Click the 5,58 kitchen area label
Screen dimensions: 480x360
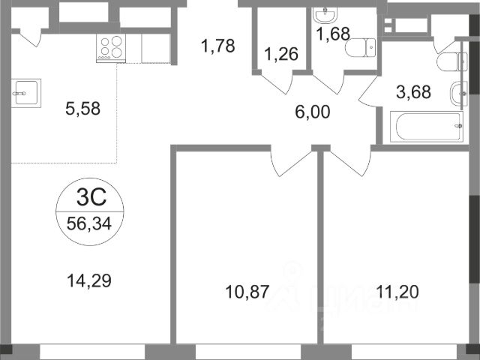[82, 108]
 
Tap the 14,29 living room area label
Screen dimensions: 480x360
[88, 280]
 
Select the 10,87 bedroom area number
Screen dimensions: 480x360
[247, 292]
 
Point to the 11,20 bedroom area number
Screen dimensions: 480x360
[397, 292]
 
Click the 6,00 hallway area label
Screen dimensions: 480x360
[313, 112]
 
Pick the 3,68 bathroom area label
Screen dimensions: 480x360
[413, 91]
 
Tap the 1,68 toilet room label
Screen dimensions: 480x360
[333, 34]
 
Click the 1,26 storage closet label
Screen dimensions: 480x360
[281, 54]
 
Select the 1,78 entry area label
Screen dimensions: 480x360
[218, 46]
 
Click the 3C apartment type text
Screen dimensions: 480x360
[91, 196]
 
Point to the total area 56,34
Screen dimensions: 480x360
[89, 223]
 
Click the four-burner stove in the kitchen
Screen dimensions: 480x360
[111, 48]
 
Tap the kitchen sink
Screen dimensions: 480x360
[26, 93]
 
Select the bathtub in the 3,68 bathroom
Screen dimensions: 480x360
[427, 127]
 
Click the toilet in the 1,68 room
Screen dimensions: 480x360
[360, 47]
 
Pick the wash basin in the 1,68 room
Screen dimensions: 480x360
[325, 15]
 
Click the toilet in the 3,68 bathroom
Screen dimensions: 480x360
[451, 61]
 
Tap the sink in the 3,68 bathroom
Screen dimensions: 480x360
[459, 93]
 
